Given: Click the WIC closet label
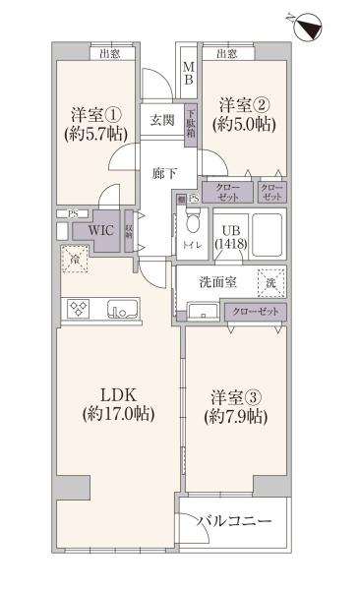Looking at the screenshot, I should (x=102, y=229).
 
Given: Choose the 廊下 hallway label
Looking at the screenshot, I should (x=164, y=173).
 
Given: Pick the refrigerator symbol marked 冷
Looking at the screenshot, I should (x=74, y=260).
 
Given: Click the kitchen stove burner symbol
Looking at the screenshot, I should (x=78, y=308).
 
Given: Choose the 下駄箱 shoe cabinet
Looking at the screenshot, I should (x=192, y=120).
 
